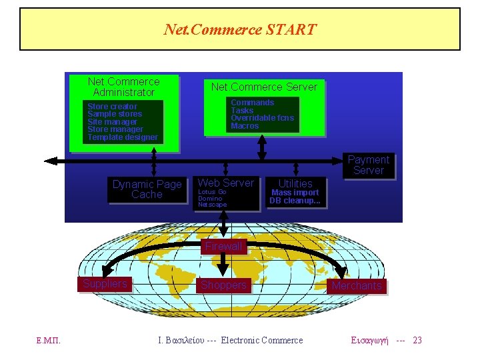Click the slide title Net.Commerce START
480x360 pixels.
point(240,29)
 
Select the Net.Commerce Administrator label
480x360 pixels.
point(124,87)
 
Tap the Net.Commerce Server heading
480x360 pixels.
point(264,87)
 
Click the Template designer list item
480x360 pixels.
point(123,137)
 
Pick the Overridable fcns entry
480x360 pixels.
point(262,118)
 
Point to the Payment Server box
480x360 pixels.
point(369,165)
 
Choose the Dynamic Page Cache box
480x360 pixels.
point(147,189)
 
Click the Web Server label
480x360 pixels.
point(226,183)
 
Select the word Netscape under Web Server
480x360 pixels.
point(212,205)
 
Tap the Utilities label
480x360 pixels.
point(295,183)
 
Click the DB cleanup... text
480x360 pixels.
point(295,201)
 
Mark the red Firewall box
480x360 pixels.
point(223,246)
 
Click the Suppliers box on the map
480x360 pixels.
point(105,284)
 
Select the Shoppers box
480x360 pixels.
point(223,285)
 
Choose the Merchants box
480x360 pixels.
point(357,286)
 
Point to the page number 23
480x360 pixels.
point(417,341)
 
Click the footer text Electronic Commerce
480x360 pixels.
point(262,341)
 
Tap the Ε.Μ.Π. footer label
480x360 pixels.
point(49,341)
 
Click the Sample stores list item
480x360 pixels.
point(115,114)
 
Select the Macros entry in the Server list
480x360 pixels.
point(245,126)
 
